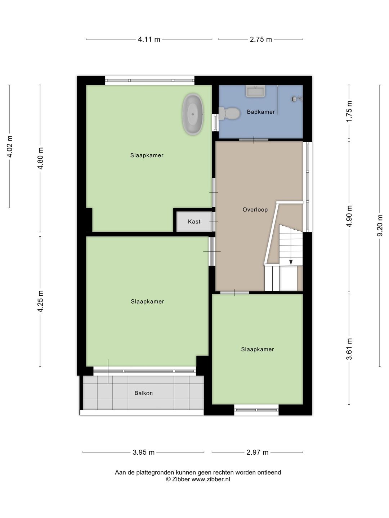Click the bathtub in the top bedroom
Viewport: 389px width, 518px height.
193,114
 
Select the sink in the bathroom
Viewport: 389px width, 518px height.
255,91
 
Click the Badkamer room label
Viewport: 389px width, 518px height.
261,112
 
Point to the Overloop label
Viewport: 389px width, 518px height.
255,210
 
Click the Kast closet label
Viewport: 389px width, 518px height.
194,222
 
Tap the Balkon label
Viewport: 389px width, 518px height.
144,393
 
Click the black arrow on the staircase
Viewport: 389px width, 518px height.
291,262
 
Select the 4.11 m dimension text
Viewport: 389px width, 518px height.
149,40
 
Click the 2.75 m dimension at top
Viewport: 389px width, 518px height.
261,40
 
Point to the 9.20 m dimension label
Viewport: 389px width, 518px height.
380,226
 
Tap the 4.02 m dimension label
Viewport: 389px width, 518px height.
10,146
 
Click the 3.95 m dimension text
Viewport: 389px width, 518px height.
144,453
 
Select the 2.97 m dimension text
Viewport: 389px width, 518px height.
258,453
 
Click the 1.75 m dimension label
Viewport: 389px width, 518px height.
349,112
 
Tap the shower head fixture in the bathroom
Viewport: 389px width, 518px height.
296,99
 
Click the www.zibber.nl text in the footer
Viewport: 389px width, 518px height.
211,479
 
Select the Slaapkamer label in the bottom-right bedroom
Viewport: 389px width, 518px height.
258,349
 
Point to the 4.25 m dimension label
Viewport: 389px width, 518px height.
40,301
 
